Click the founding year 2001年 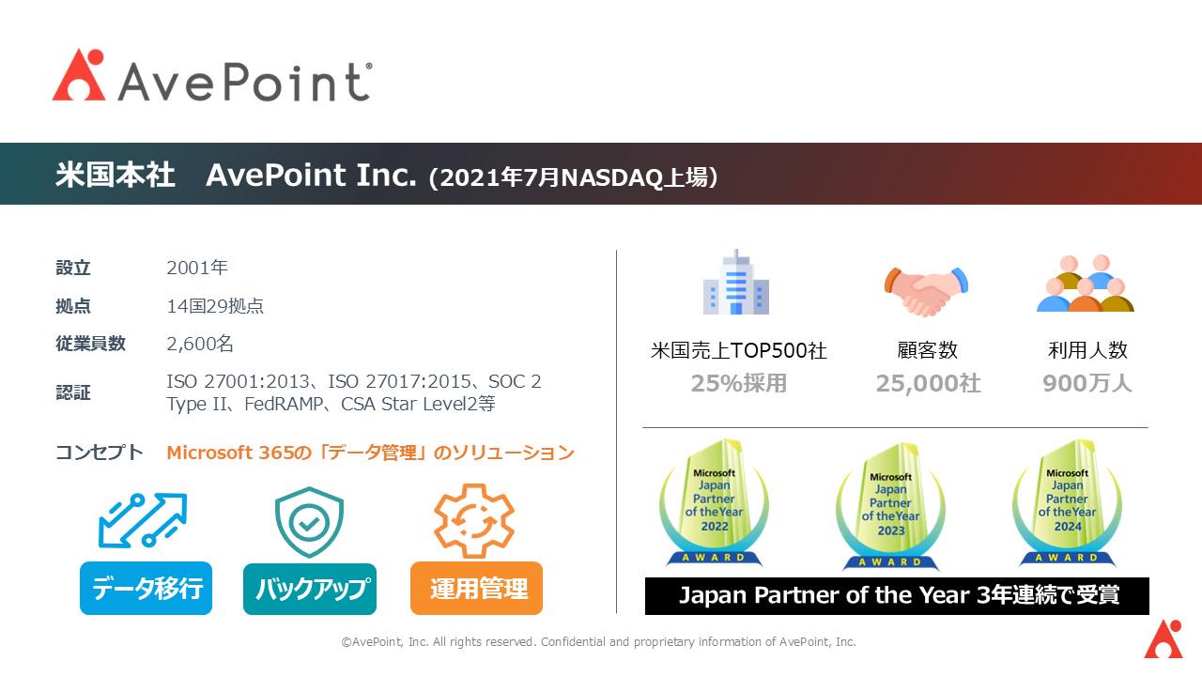pyautogui.click(x=197, y=268)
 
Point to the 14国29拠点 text pyautogui.click(x=215, y=306)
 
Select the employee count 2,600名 pyautogui.click(x=200, y=344)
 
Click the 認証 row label pyautogui.click(x=73, y=393)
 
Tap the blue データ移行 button pyautogui.click(x=146, y=589)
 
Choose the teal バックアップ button pyautogui.click(x=310, y=589)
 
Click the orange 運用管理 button pyautogui.click(x=477, y=589)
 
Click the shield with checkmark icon pyautogui.click(x=309, y=523)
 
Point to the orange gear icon pyautogui.click(x=474, y=521)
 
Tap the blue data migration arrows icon pyautogui.click(x=143, y=520)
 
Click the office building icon pyautogui.click(x=736, y=283)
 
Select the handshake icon pyautogui.click(x=926, y=290)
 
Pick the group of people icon pyautogui.click(x=1086, y=284)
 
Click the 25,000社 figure pyautogui.click(x=928, y=384)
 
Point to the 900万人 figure pyautogui.click(x=1086, y=384)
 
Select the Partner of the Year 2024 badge pyautogui.click(x=1067, y=504)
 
